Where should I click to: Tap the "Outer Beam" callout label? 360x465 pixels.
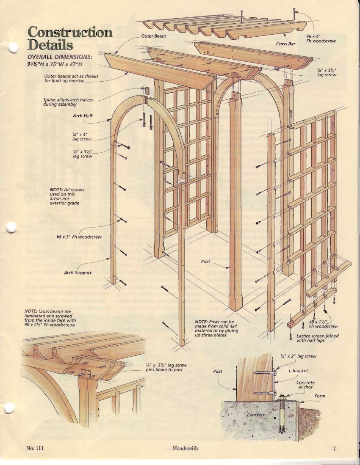coord(153,36)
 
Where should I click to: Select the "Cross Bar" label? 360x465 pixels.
coord(285,44)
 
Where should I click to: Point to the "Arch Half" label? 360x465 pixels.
coord(82,116)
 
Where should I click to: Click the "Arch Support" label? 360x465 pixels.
coord(78,272)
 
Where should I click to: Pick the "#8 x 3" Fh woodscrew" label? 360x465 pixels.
coord(79,237)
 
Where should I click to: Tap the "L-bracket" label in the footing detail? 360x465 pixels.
coord(298,371)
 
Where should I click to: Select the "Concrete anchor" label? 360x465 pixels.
coord(305,385)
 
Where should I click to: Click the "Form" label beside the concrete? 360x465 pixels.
coord(320,396)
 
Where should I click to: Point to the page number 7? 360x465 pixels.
coord(334,448)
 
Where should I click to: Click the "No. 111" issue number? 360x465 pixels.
coord(35,448)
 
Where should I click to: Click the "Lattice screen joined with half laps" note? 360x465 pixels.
coord(317,338)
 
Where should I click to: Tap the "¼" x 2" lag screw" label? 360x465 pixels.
coord(298,356)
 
